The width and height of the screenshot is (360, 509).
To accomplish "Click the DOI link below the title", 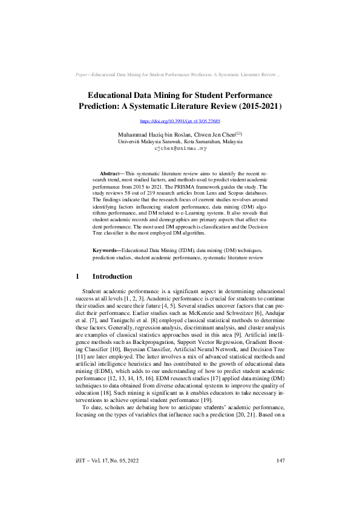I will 180,122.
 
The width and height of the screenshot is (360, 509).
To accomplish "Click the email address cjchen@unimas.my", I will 180,148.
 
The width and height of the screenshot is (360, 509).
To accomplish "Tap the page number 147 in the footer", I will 280,478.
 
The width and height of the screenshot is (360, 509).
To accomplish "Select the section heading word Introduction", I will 112,276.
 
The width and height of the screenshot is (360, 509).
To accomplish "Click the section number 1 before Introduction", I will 77,276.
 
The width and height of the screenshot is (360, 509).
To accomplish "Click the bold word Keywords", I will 106,250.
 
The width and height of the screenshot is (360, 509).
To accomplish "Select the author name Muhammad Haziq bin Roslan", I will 154,134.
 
